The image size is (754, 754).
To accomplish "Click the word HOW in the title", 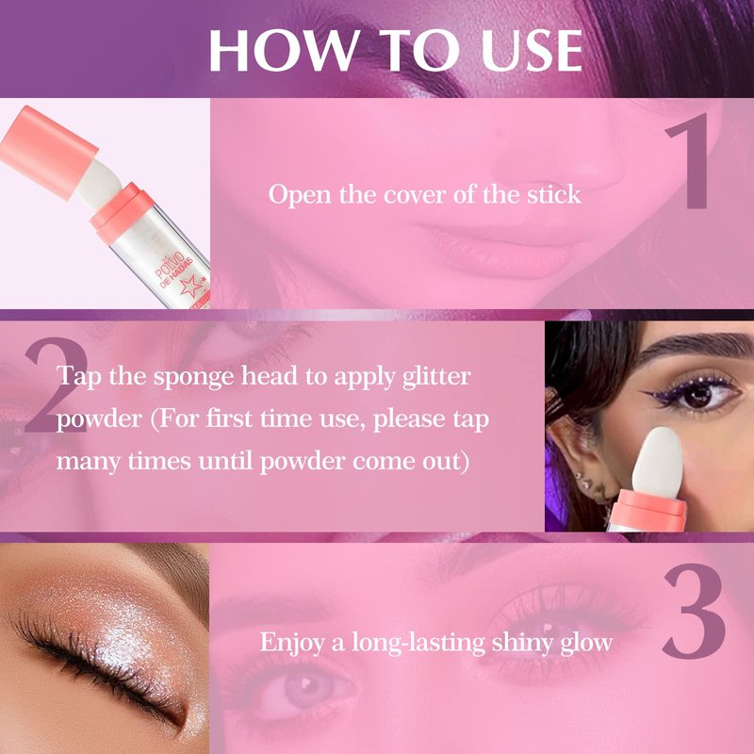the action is pyautogui.click(x=284, y=51).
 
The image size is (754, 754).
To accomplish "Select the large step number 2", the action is pyautogui.click(x=57, y=385).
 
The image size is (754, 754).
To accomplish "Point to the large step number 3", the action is pyautogui.click(x=694, y=611).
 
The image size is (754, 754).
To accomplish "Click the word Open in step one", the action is pyautogui.click(x=300, y=195).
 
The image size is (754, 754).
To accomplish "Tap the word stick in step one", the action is pyautogui.click(x=554, y=194).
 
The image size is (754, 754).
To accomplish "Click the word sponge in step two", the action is pyautogui.click(x=194, y=377).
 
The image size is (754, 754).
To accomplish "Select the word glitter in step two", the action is pyautogui.click(x=436, y=376).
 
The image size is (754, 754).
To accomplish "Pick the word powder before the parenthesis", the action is pyautogui.click(x=99, y=419).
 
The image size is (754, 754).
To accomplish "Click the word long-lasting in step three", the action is pyautogui.click(x=418, y=643).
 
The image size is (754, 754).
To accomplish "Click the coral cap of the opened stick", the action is pyautogui.click(x=48, y=152).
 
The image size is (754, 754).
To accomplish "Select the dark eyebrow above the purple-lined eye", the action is pyautogui.click(x=693, y=346).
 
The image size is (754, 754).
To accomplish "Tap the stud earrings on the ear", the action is pyautogui.click(x=582, y=480).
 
